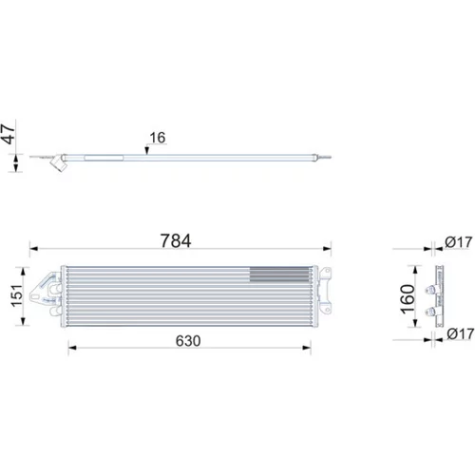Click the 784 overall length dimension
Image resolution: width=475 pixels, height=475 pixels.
point(176,240)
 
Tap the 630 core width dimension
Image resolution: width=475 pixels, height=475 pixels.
point(188,341)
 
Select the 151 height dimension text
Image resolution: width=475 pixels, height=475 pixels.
point(17,295)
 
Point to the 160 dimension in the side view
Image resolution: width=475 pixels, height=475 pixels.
point(408,299)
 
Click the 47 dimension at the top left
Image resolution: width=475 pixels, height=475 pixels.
point(9,134)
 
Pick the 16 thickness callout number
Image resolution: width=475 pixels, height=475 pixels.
point(158,138)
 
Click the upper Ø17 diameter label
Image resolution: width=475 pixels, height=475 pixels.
point(459,242)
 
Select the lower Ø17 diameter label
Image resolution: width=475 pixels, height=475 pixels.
point(461,333)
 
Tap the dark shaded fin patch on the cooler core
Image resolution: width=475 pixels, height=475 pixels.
point(279,275)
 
